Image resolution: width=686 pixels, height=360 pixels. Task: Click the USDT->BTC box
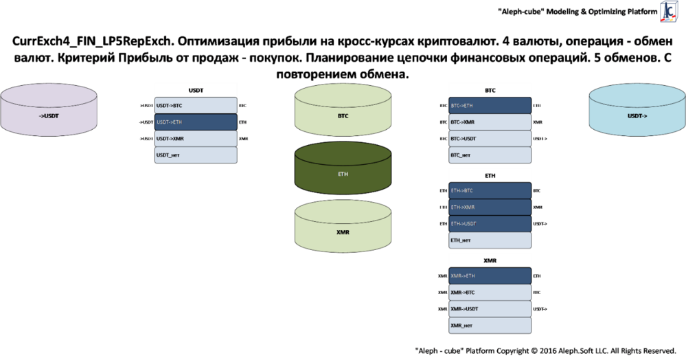[196, 106]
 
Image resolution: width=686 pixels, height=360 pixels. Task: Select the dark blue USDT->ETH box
[196, 122]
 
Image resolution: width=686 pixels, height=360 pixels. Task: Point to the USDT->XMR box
[196, 139]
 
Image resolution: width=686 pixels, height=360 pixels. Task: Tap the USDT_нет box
[196, 155]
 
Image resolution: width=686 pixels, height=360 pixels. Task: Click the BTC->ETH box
[490, 106]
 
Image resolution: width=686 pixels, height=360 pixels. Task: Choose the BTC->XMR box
[490, 122]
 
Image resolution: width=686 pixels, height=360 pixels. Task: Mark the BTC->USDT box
[490, 139]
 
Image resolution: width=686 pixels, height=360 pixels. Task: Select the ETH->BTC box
[490, 191]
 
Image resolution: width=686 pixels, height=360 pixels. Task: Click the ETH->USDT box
[490, 224]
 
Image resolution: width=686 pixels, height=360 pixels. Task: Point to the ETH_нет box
[490, 240]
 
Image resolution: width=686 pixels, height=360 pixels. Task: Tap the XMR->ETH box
[490, 276]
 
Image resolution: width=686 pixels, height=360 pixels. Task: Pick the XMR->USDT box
[490, 309]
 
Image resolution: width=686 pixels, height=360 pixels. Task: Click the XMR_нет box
[490, 326]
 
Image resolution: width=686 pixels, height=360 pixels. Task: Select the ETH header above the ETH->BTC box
[490, 176]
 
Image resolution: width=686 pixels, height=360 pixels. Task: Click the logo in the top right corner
[668, 12]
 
